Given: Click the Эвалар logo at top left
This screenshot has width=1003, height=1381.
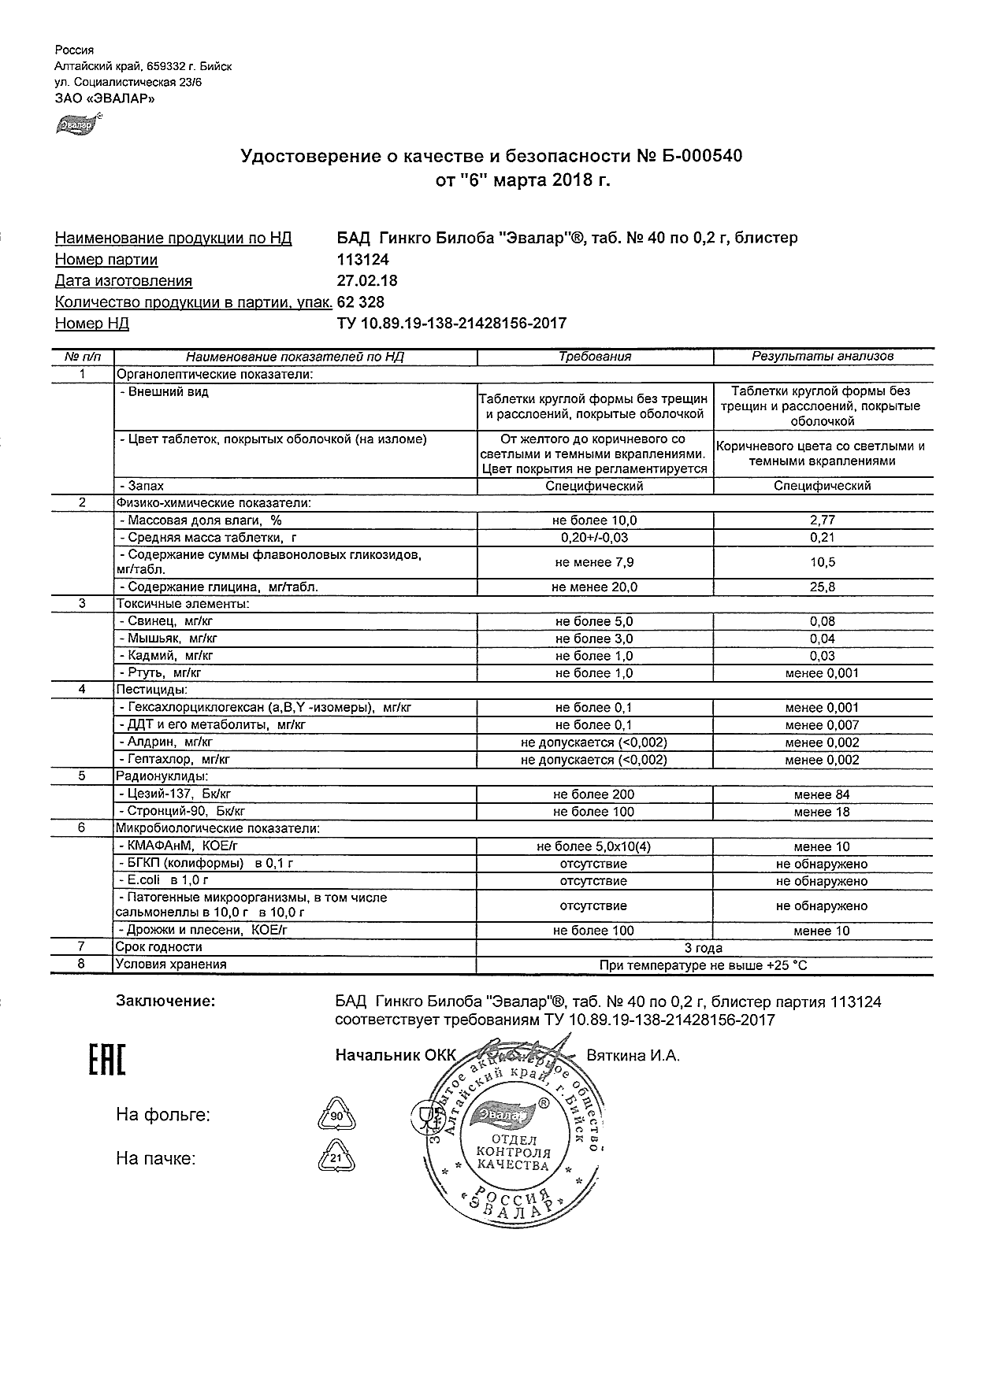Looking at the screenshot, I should coord(76,125).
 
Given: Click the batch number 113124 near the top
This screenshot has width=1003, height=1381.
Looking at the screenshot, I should coord(362,260).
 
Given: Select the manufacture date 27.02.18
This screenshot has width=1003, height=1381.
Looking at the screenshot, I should coord(367,281).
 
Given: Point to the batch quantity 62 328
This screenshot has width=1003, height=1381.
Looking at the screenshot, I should coord(361,302).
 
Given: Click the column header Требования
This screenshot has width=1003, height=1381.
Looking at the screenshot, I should coord(595,357).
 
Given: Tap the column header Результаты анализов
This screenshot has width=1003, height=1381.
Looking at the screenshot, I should coord(823,357).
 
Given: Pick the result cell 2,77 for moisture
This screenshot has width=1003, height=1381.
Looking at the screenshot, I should coord(823,520).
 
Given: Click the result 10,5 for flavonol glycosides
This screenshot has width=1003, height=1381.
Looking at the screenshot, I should coord(823,562).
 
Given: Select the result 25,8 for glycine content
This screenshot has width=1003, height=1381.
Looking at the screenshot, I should coord(823,587).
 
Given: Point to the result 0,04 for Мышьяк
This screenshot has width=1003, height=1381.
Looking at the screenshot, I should coord(823,639).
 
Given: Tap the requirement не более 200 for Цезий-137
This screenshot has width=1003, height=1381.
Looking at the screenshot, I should coord(594,795).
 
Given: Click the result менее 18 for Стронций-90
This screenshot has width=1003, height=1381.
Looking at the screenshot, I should coord(823,813).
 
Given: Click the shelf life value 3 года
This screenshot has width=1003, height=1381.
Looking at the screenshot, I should coord(704,948).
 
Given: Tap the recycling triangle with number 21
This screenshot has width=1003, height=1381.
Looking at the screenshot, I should coord(336,1159).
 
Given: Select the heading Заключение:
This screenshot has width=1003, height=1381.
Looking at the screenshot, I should coord(165,1002).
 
